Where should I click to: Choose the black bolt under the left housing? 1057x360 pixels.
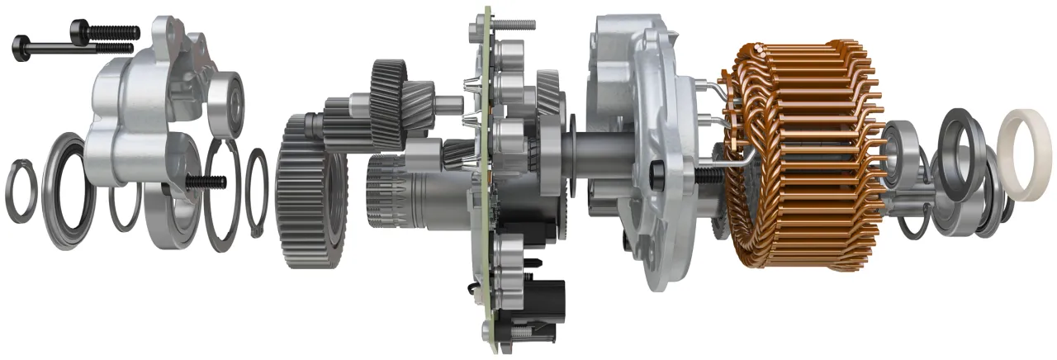(x=206, y=181)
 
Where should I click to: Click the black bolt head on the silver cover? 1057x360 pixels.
(x=658, y=174)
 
